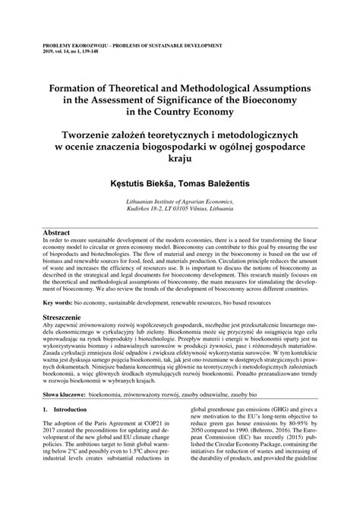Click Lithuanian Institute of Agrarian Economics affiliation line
point(178,202)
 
